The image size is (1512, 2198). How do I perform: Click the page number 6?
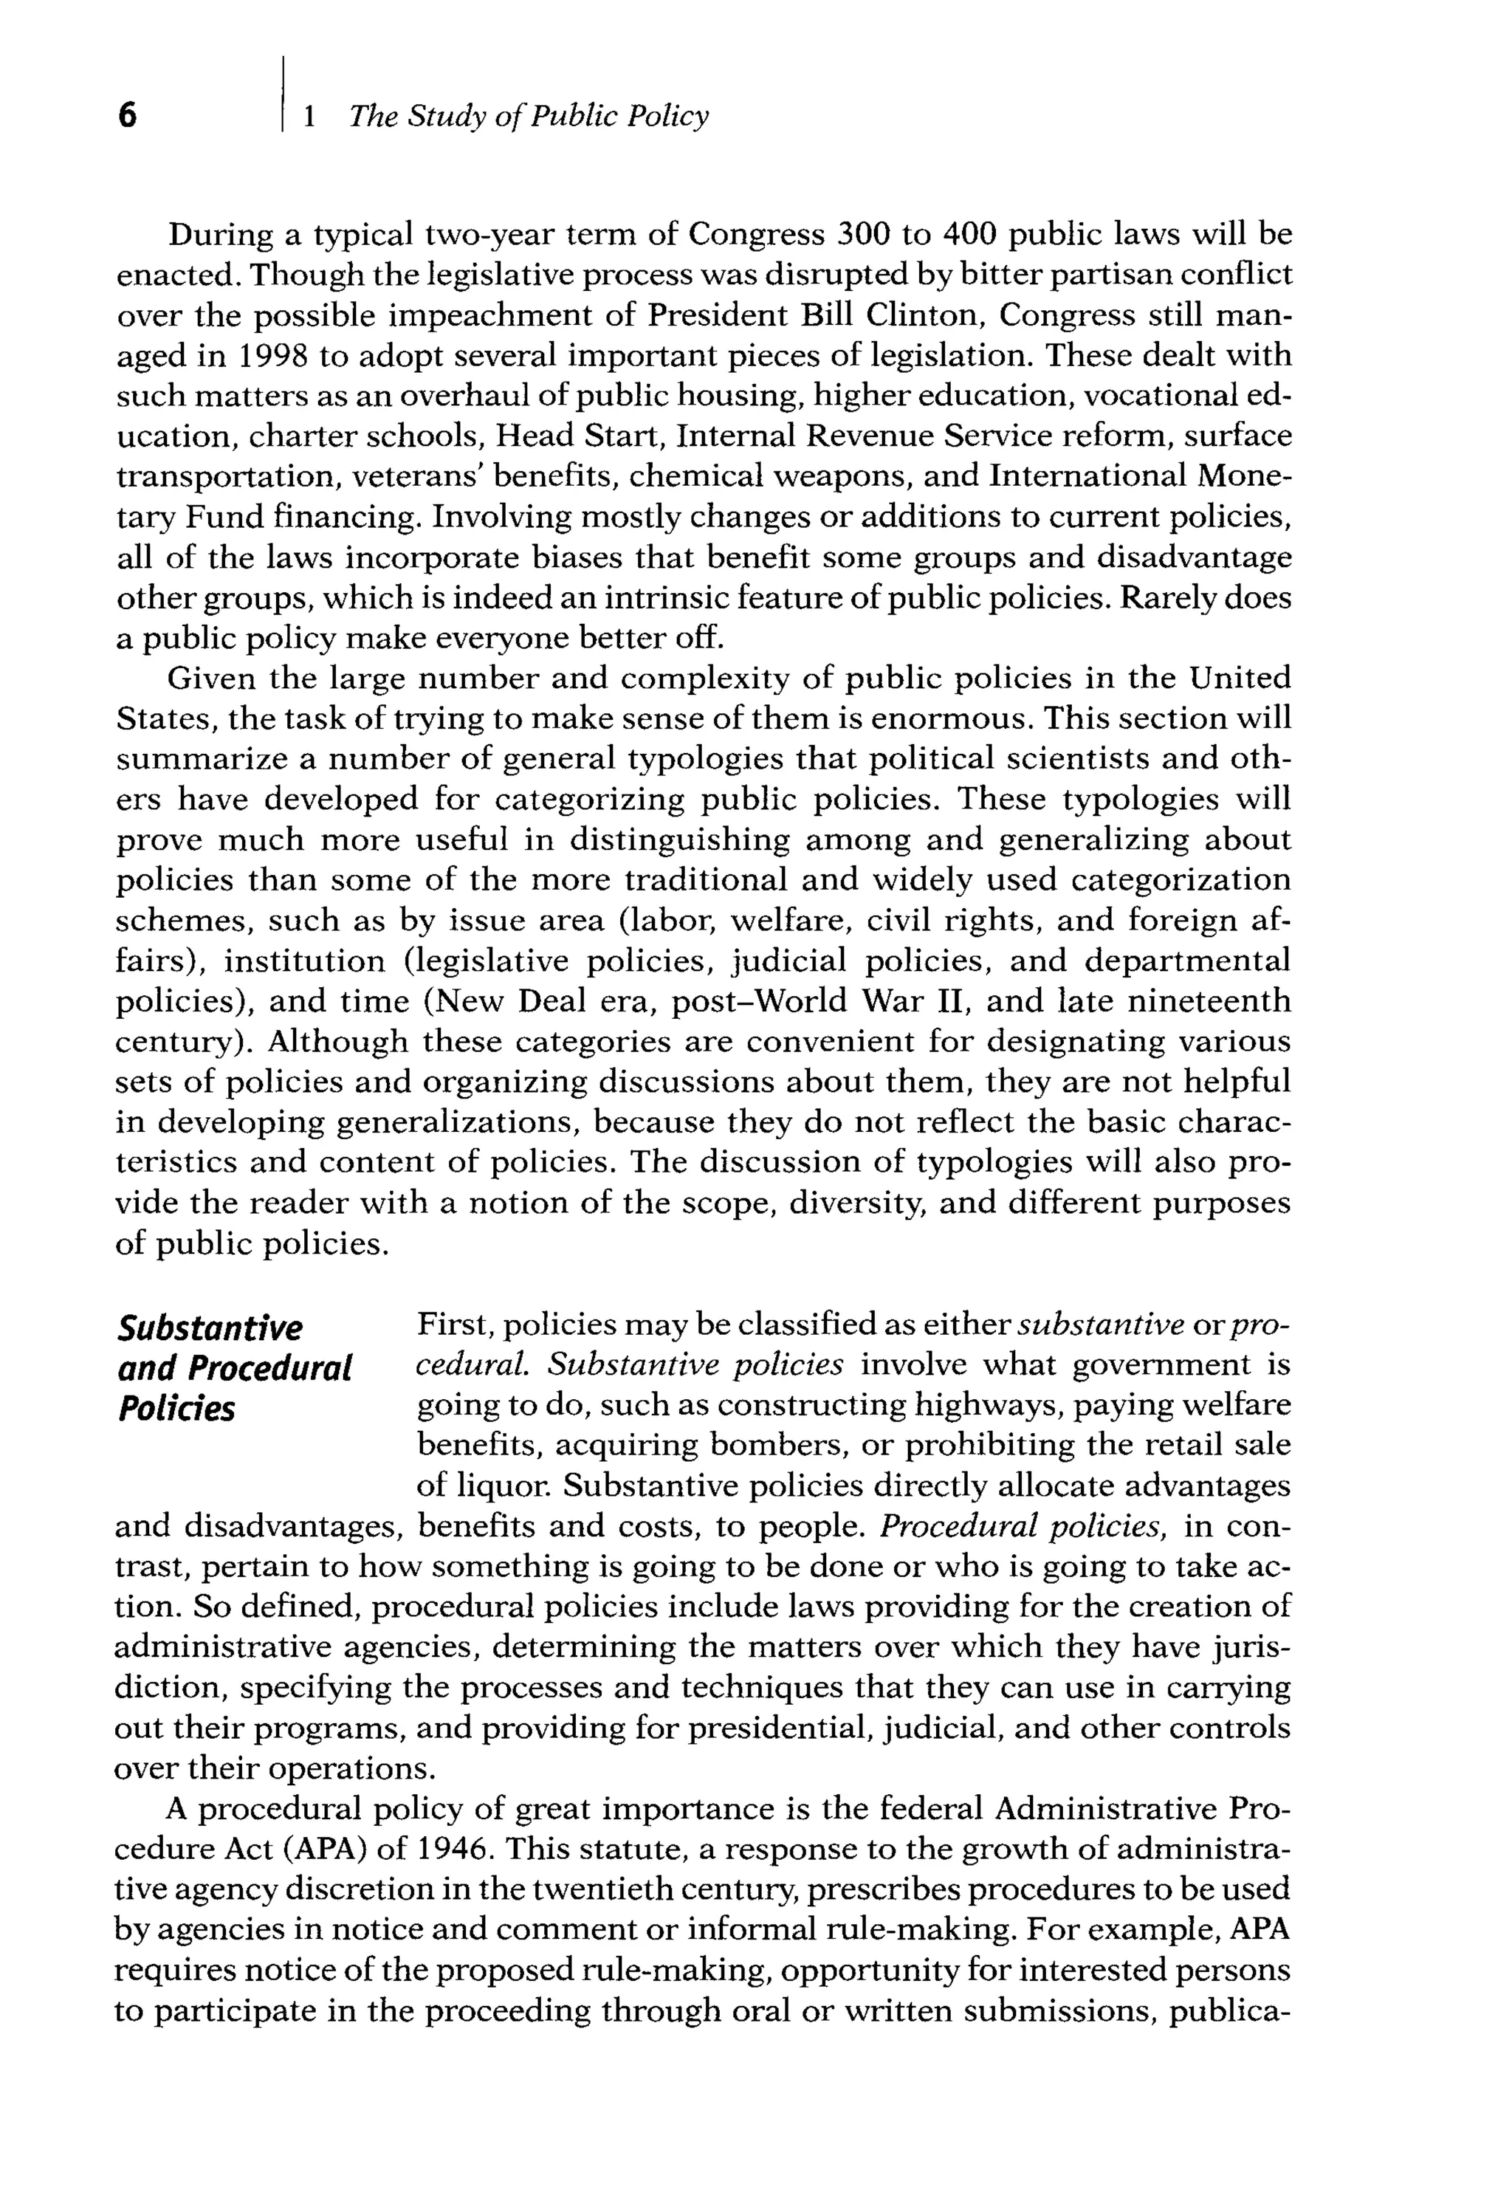[x=127, y=117]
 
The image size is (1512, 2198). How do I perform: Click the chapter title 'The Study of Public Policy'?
[x=528, y=117]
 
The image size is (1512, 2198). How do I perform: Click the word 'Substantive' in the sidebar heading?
[x=210, y=1328]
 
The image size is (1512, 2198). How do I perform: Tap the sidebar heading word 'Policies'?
[x=176, y=1409]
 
